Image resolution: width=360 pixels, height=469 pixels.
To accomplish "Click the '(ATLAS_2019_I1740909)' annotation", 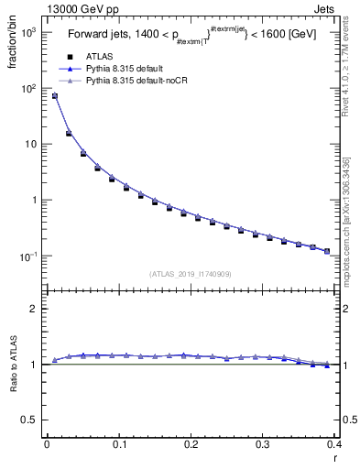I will click(x=190, y=273).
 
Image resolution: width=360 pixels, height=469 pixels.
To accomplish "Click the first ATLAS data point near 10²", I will click(x=55, y=96).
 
